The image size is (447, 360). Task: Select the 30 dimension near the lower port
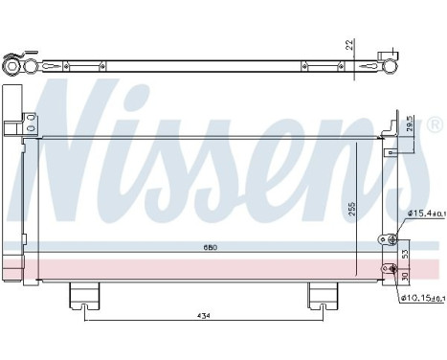404,276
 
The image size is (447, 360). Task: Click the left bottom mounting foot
84,298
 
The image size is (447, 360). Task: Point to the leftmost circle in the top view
11,67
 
